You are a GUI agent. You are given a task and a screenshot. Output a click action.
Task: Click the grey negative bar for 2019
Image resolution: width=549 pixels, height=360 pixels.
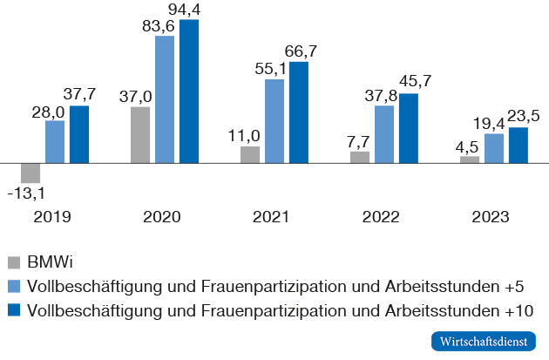(30, 173)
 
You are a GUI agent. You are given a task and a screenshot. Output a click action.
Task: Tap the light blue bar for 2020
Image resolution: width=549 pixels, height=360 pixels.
(165, 99)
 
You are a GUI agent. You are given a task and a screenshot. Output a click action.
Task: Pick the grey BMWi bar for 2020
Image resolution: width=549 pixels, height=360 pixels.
(140, 135)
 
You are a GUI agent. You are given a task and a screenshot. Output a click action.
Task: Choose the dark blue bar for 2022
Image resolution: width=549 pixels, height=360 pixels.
(409, 128)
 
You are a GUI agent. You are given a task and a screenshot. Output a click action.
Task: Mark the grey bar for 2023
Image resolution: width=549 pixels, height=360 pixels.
(470, 160)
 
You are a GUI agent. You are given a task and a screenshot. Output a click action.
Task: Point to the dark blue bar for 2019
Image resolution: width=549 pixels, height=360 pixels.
(79, 134)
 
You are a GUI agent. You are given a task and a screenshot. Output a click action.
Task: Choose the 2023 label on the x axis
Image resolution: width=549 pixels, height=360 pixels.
(490, 217)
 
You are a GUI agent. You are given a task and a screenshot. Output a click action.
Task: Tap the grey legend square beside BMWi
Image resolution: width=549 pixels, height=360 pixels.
(13, 262)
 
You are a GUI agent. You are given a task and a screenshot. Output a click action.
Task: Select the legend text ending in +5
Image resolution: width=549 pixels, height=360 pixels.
(276, 286)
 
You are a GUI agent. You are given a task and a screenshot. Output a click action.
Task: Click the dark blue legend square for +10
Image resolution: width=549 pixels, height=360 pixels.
(13, 309)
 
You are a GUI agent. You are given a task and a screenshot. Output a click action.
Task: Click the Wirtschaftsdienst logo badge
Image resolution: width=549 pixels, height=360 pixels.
(483, 341)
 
